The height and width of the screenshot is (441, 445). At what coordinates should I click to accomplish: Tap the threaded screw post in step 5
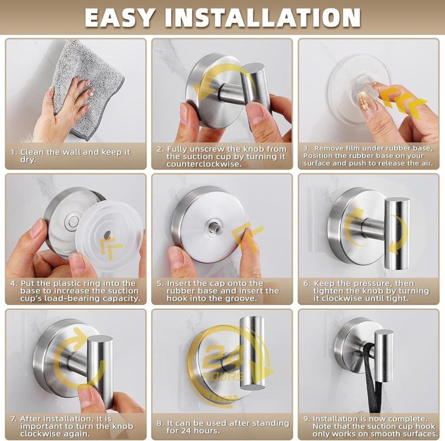pyautogui.click(x=216, y=227)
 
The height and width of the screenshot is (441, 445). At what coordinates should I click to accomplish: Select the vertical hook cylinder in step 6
pyautogui.click(x=396, y=233)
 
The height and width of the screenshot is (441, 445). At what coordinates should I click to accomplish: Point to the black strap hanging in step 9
pyautogui.click(x=372, y=378)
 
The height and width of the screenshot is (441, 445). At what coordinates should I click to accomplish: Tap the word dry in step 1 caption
pyautogui.click(x=28, y=159)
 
